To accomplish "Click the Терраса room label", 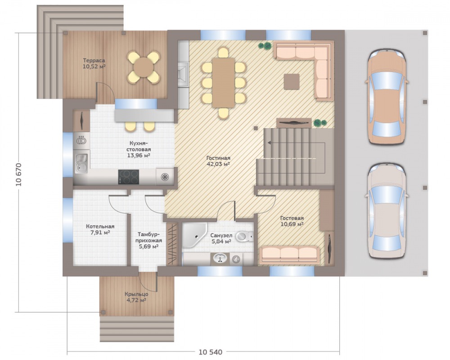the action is coord(94,61).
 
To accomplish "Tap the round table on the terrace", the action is coord(144,67).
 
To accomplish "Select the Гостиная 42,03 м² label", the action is coord(218,161).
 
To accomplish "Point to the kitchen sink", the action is coord(81,164).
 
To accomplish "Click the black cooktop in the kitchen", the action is coord(129,177).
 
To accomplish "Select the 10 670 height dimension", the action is coord(19,175).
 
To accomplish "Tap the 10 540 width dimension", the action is coord(210,352).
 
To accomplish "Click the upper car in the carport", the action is coord(387,97).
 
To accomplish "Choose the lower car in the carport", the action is coord(387,211).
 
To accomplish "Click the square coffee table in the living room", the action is coord(292,81).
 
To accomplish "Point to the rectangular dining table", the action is coord(223,83).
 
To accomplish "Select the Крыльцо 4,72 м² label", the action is coord(136,297).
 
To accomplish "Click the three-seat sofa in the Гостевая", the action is coord(289,255).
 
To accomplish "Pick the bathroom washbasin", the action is coord(220,258).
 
